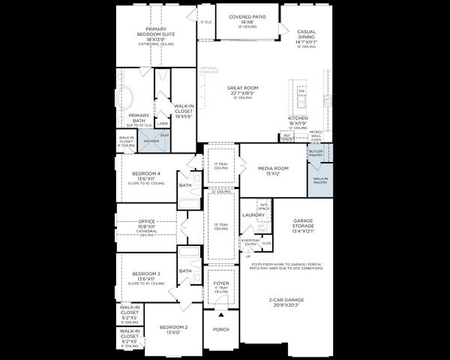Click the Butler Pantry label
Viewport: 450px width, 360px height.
pos(316,151)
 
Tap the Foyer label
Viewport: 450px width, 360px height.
pos(220,284)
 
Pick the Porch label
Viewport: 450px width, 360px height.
pos(220,329)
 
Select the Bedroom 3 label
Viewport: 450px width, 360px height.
pos(141,274)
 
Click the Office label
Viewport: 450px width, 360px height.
pos(147,222)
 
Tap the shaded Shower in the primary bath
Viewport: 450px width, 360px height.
pos(151,141)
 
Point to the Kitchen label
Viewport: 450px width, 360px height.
pos(298,119)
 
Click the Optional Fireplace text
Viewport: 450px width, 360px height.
pos(209,71)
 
